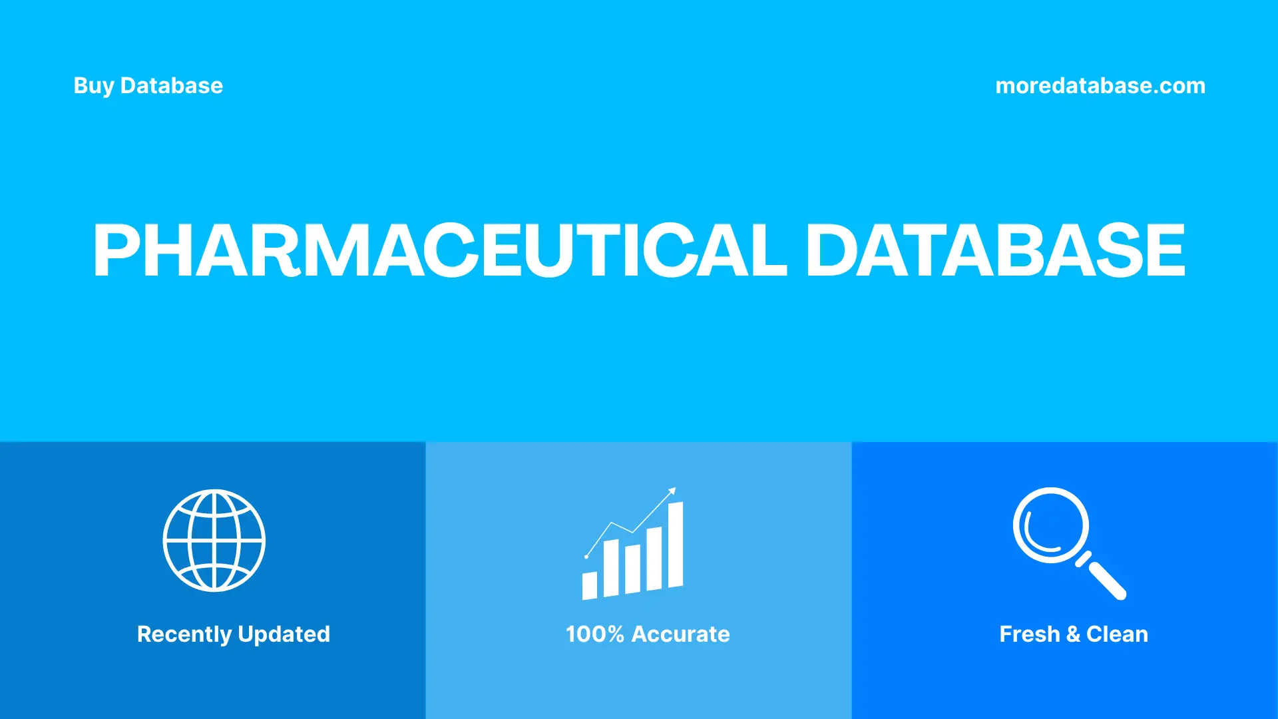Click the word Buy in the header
[93, 86]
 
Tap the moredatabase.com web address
[1100, 86]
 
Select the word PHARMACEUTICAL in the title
[439, 250]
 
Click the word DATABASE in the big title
[995, 250]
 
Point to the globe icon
[214, 541]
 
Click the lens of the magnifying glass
[1050, 525]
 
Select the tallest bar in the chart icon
[675, 545]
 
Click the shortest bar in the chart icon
[589, 585]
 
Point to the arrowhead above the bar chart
[672, 491]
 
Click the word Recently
[184, 634]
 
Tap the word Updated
[284, 634]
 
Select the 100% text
[594, 634]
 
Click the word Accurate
[680, 634]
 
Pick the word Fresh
[1029, 634]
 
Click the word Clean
[1117, 634]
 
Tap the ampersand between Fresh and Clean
[1073, 634]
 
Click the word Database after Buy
[171, 86]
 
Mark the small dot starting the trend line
[586, 556]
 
